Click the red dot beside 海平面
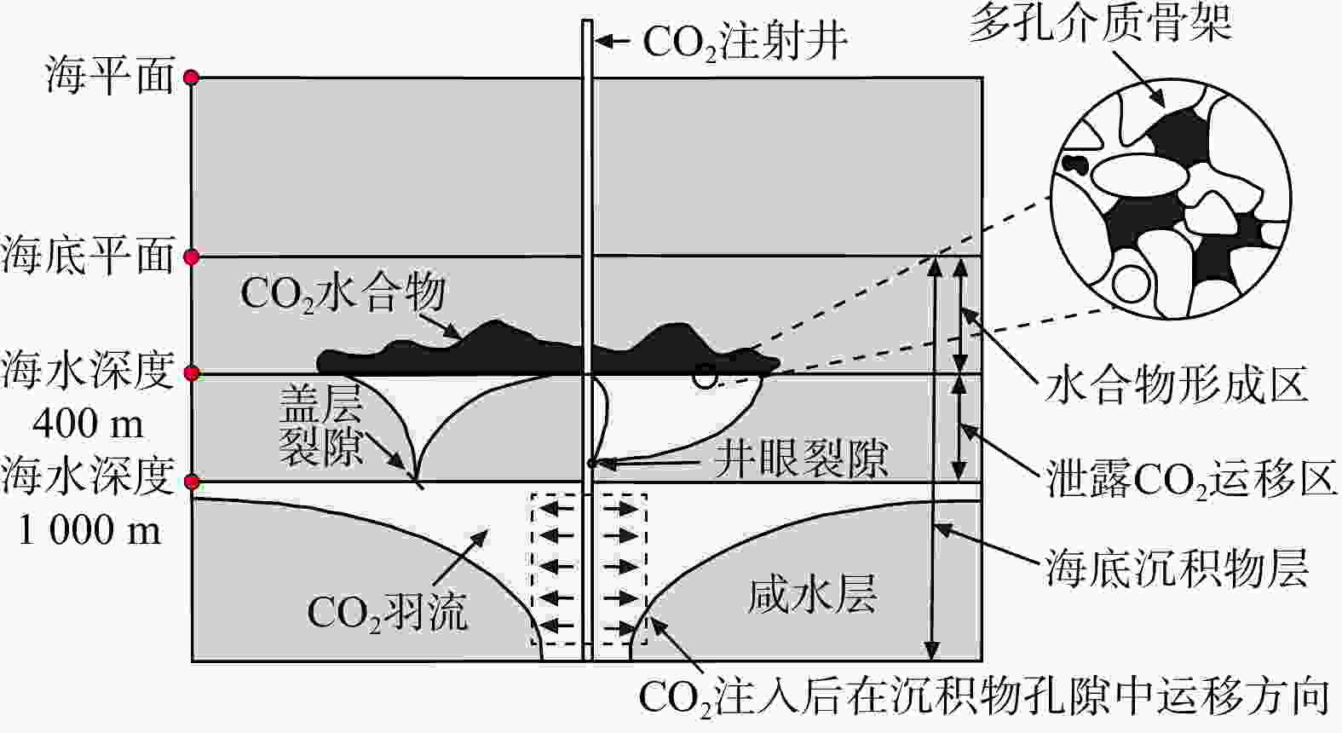pyautogui.click(x=192, y=78)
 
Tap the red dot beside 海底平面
pyautogui.click(x=192, y=257)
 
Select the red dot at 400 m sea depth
pyautogui.click(x=192, y=373)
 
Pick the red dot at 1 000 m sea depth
pyautogui.click(x=192, y=482)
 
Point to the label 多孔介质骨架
pyautogui.click(x=1100, y=24)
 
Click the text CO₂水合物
pyautogui.click(x=343, y=294)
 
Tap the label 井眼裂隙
pyautogui.click(x=801, y=459)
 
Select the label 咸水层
pyautogui.click(x=812, y=594)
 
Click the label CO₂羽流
pyautogui.click(x=388, y=612)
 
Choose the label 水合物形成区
pyautogui.click(x=1176, y=386)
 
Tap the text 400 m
pyautogui.click(x=89, y=423)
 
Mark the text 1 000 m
pyautogui.click(x=89, y=531)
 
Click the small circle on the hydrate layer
pyautogui.click(x=704, y=376)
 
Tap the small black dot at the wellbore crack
pyautogui.click(x=591, y=464)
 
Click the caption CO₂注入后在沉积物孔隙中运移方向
pyautogui.click(x=983, y=697)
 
